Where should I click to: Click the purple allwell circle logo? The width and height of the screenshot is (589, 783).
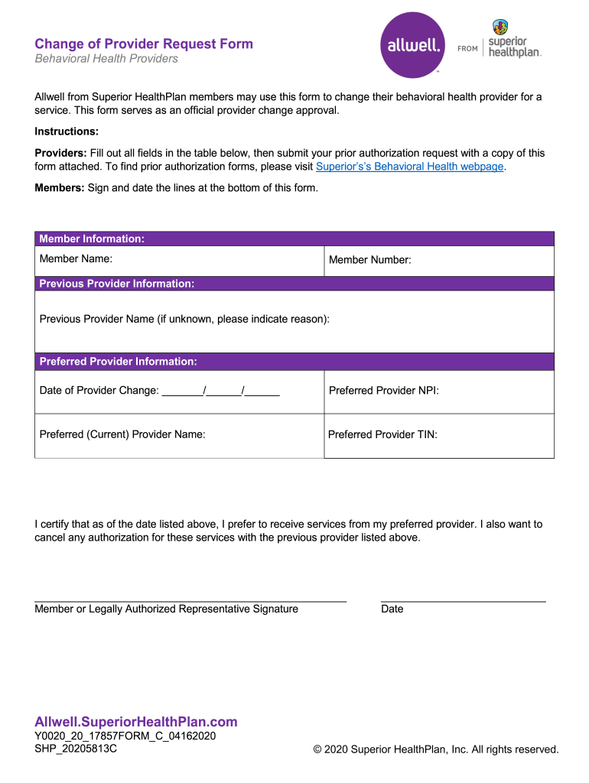pyautogui.click(x=412, y=46)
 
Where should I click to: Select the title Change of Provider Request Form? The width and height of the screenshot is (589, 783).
pyautogui.click(x=144, y=44)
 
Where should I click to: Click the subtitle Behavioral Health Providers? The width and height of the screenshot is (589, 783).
pyautogui.click(x=106, y=59)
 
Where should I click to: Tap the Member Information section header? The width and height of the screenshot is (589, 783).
pyautogui.click(x=92, y=239)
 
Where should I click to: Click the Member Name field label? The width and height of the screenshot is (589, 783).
pyautogui.click(x=76, y=259)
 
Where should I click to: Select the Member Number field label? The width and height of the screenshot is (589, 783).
pyautogui.click(x=370, y=260)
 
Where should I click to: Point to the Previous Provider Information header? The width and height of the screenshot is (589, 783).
pyautogui.click(x=116, y=284)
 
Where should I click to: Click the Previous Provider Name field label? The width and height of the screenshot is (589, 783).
pyautogui.click(x=184, y=319)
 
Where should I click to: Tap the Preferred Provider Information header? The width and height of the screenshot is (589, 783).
pyautogui.click(x=118, y=361)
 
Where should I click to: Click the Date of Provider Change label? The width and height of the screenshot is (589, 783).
pyautogui.click(x=99, y=391)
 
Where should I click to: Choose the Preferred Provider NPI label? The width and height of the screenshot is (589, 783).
pyautogui.click(x=383, y=391)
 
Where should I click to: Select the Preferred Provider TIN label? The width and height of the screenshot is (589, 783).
pyautogui.click(x=382, y=434)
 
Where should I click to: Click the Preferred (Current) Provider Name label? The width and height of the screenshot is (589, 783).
pyautogui.click(x=122, y=434)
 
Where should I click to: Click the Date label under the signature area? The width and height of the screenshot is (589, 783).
pyautogui.click(x=392, y=609)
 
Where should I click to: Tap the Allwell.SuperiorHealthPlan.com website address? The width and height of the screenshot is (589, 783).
pyautogui.click(x=136, y=722)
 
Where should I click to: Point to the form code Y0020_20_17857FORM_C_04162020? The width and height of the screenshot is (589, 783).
pyautogui.click(x=125, y=736)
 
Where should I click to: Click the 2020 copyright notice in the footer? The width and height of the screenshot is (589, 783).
pyautogui.click(x=436, y=749)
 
